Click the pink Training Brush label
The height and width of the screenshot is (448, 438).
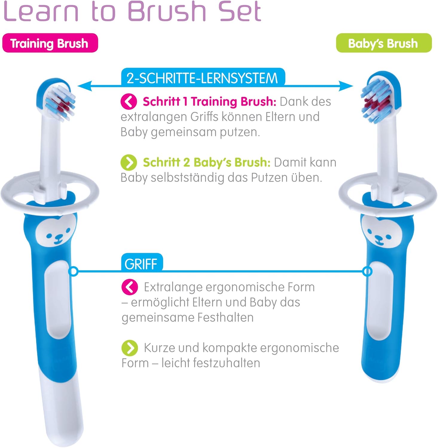[x=50, y=43]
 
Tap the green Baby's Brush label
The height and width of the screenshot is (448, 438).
[x=384, y=43]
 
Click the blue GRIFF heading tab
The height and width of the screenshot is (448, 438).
[x=141, y=263]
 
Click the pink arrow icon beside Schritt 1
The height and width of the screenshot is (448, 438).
[x=129, y=102]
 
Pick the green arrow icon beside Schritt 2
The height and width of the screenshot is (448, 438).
[x=129, y=162]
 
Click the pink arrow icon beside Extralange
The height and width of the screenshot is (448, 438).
[x=130, y=287]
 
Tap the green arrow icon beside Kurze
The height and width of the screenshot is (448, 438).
[x=130, y=348]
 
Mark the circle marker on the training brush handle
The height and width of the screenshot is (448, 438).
[x=73, y=271]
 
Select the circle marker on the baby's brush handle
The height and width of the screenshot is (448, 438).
[x=367, y=271]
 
